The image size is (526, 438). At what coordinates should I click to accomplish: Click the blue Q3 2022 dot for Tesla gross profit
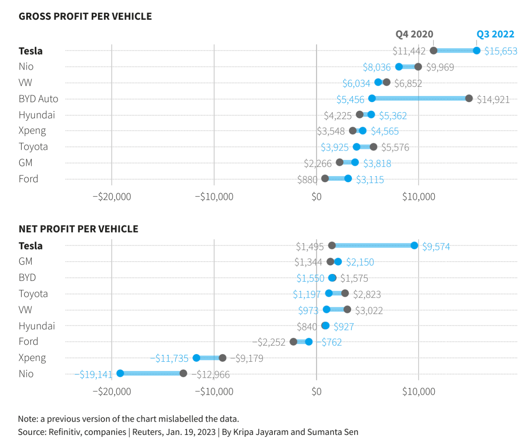pos(476,51)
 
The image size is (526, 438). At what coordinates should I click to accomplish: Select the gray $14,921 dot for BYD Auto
pos(469,99)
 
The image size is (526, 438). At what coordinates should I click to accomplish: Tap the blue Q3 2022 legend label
pos(495,34)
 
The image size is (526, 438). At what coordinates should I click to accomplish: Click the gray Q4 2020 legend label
pos(414,34)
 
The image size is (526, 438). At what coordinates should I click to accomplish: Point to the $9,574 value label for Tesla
pos(436,247)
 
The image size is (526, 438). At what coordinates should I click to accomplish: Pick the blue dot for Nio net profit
pos(120,373)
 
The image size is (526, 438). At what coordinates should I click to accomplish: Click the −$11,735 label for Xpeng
pos(169,358)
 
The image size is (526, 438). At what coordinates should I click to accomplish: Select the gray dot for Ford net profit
pos(294,342)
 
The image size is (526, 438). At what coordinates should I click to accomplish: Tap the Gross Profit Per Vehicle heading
pos(85,16)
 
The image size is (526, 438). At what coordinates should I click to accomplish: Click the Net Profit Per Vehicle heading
pos(79,229)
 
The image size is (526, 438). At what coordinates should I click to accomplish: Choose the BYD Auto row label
pos(38,99)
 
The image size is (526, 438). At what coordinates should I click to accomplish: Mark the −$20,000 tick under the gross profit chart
pos(112,197)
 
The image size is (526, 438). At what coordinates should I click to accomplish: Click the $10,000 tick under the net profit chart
pos(418,392)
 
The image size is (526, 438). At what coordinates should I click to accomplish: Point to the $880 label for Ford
pos(307,180)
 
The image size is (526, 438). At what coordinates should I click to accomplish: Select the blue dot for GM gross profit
pos(355,163)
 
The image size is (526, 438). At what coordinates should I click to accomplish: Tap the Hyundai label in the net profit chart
pos(37,326)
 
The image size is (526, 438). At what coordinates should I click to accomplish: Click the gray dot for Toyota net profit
pos(345,293)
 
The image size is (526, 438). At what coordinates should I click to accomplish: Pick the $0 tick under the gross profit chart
pos(316,197)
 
